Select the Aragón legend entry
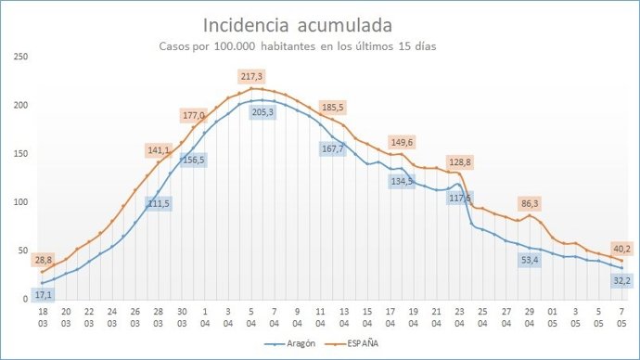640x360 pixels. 287,342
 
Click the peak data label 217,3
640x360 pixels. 251,76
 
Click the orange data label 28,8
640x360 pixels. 44,259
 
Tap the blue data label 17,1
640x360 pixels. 44,294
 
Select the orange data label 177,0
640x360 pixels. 194,116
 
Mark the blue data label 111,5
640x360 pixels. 159,203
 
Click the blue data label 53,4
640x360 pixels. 530,261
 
